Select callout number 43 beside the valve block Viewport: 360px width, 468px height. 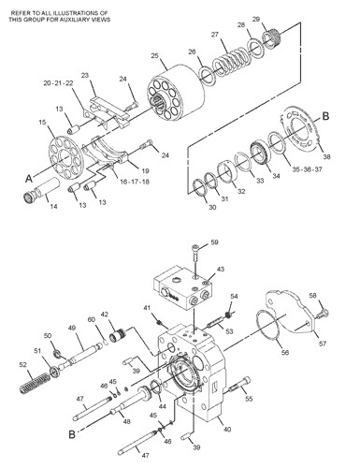pos(221,270)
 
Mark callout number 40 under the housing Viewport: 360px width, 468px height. pos(228,430)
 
